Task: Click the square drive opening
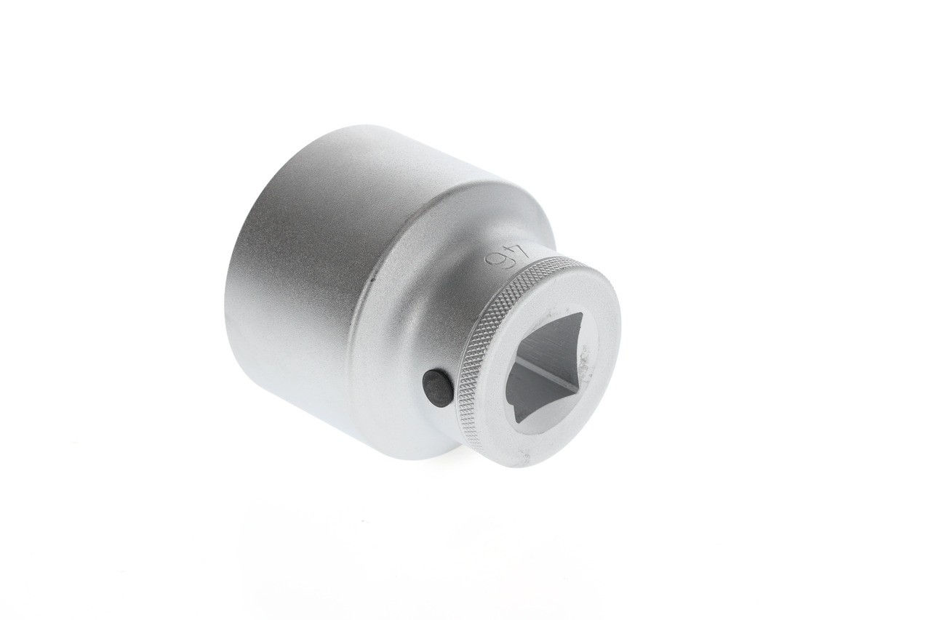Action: pyautogui.click(x=545, y=371)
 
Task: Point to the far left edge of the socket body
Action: pyautogui.click(x=228, y=305)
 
